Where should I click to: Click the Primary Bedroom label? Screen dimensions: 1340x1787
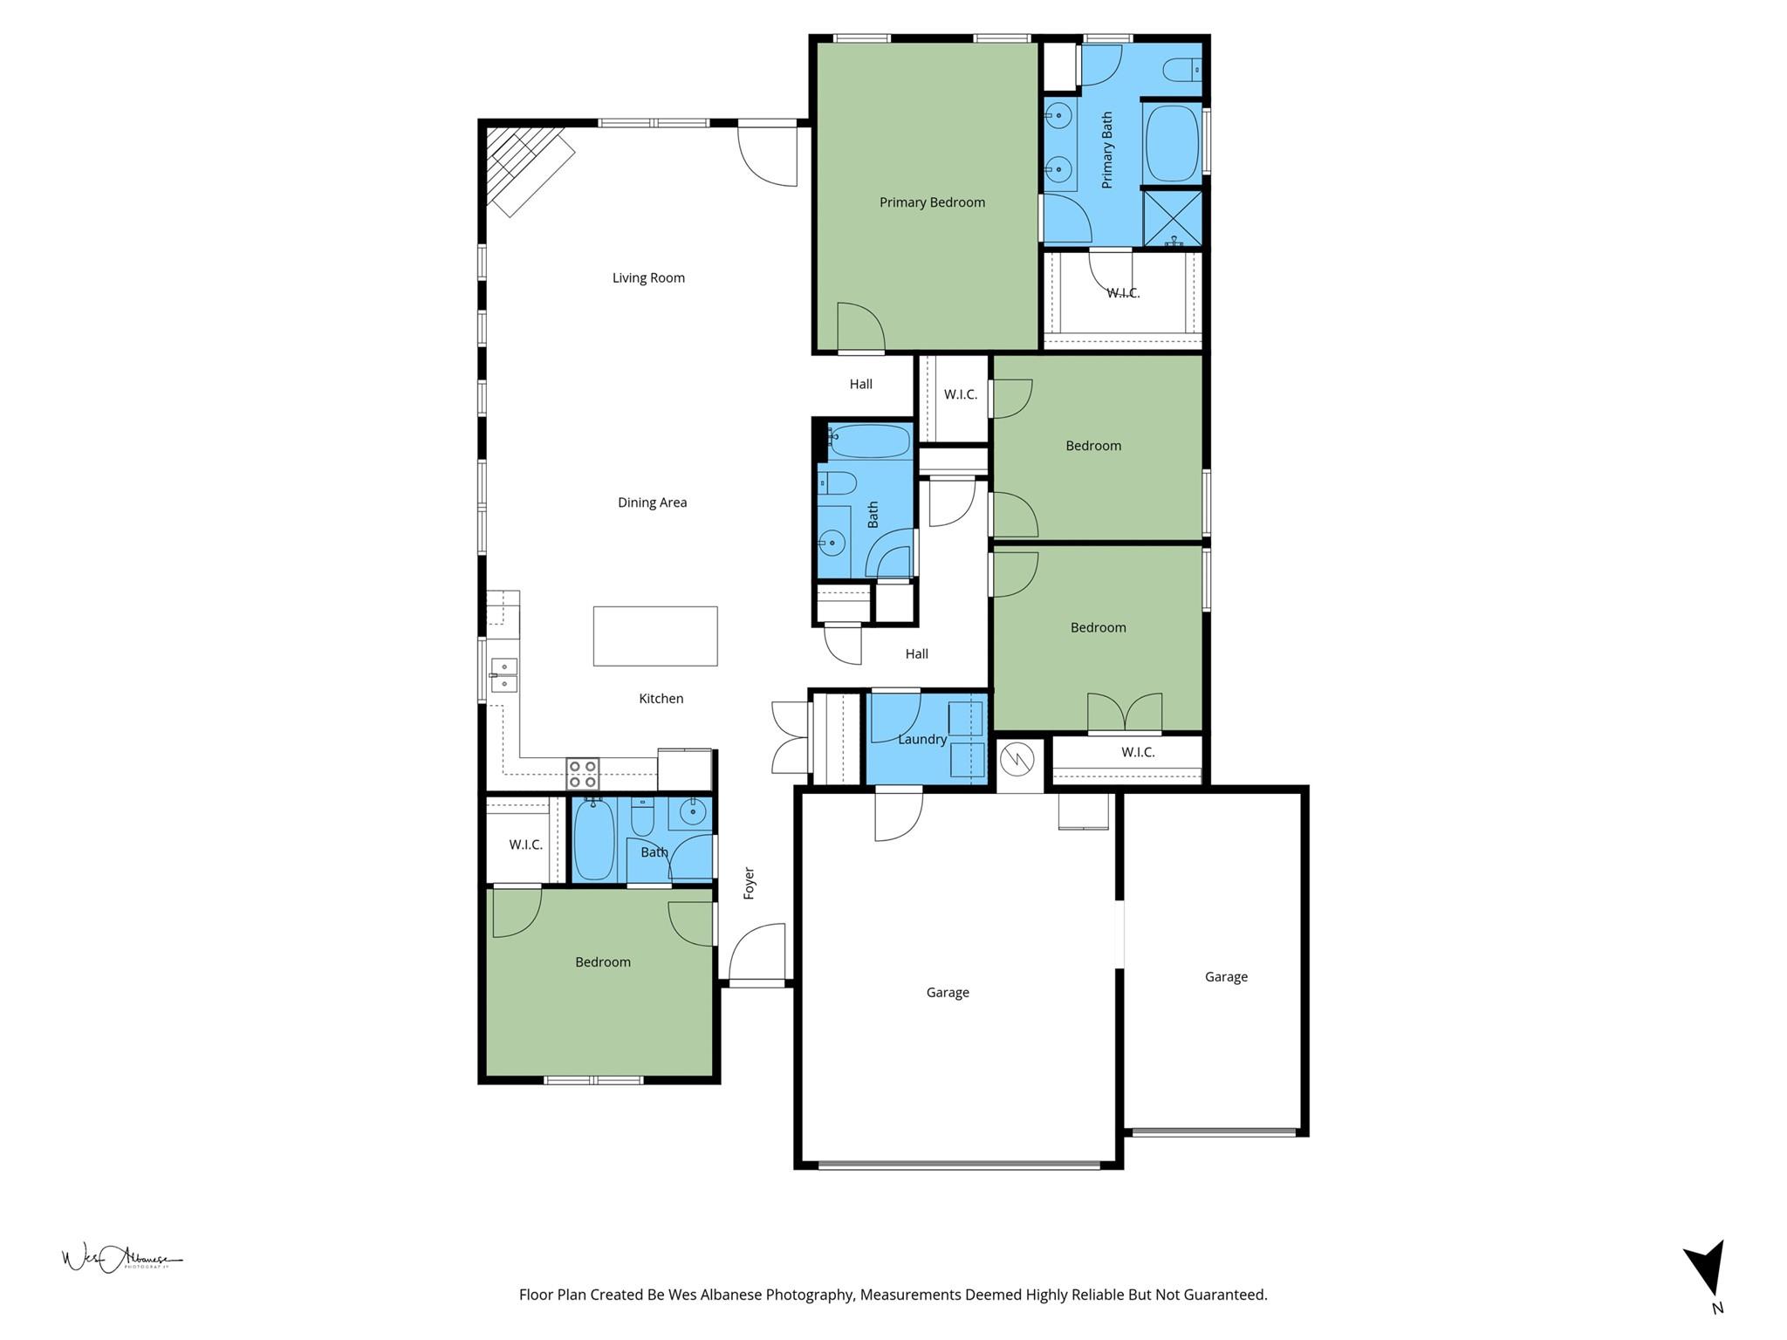[x=932, y=202]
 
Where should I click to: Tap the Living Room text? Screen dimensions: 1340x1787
[x=648, y=278]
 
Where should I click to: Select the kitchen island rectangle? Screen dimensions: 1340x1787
[x=655, y=636]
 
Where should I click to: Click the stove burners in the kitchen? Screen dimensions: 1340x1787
[x=583, y=773]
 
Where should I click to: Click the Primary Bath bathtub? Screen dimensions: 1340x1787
[x=1172, y=144]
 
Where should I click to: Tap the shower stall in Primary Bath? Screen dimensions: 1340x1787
[x=1173, y=218]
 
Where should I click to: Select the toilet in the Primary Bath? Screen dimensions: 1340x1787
[x=1185, y=68]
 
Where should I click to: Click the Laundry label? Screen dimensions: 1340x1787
[x=922, y=739]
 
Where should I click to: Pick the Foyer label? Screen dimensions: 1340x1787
[x=749, y=883]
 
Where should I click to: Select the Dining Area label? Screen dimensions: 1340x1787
[x=652, y=502]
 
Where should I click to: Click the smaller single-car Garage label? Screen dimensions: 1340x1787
[x=1226, y=977]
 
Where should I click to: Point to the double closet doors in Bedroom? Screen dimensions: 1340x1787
[x=1125, y=713]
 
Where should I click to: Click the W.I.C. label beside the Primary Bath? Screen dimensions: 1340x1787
[x=1123, y=293]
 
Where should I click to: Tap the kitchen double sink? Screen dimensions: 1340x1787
[x=504, y=675]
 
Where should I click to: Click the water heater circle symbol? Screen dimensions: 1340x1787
[x=1017, y=759]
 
